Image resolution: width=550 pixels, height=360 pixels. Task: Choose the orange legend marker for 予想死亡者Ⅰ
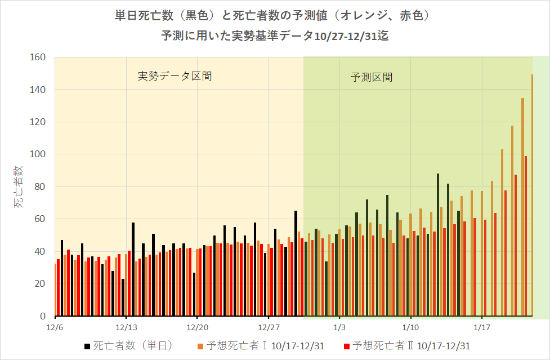coord(200,345)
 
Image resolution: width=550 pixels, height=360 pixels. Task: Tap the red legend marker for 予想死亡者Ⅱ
coord(347,345)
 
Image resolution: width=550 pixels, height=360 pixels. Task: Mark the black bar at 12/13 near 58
coord(133,269)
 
